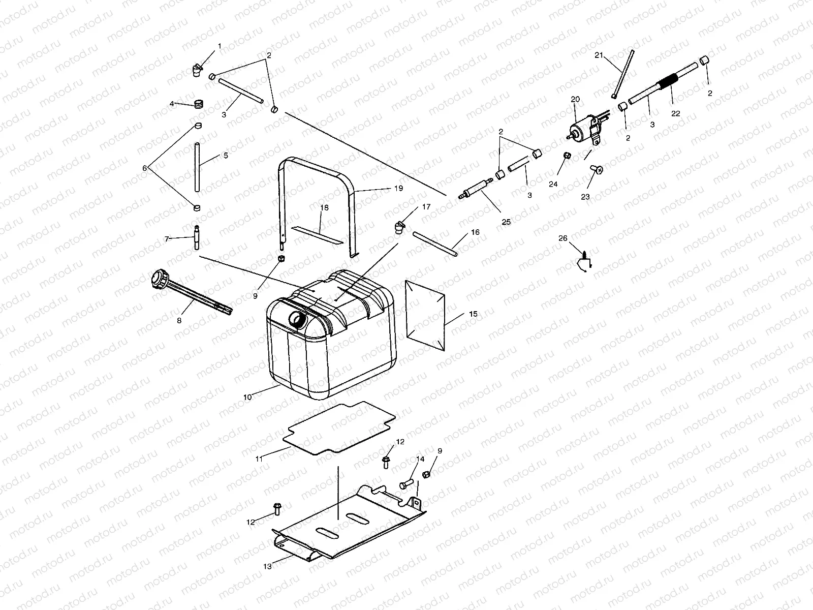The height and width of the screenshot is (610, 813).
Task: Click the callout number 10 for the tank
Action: click(x=247, y=397)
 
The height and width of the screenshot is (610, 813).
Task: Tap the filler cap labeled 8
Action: click(x=162, y=280)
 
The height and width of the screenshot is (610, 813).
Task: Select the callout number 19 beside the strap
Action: click(x=398, y=188)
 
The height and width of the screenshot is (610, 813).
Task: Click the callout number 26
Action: click(x=562, y=238)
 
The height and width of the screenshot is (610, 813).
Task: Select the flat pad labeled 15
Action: click(x=425, y=315)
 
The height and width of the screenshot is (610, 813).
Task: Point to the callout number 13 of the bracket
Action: click(x=267, y=566)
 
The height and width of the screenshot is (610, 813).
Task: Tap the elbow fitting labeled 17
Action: click(x=399, y=226)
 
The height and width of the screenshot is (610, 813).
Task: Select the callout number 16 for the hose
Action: click(x=475, y=232)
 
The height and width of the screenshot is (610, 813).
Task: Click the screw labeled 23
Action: click(x=597, y=171)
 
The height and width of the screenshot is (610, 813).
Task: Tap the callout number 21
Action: click(x=599, y=55)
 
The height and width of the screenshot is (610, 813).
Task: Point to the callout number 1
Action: click(x=220, y=46)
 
